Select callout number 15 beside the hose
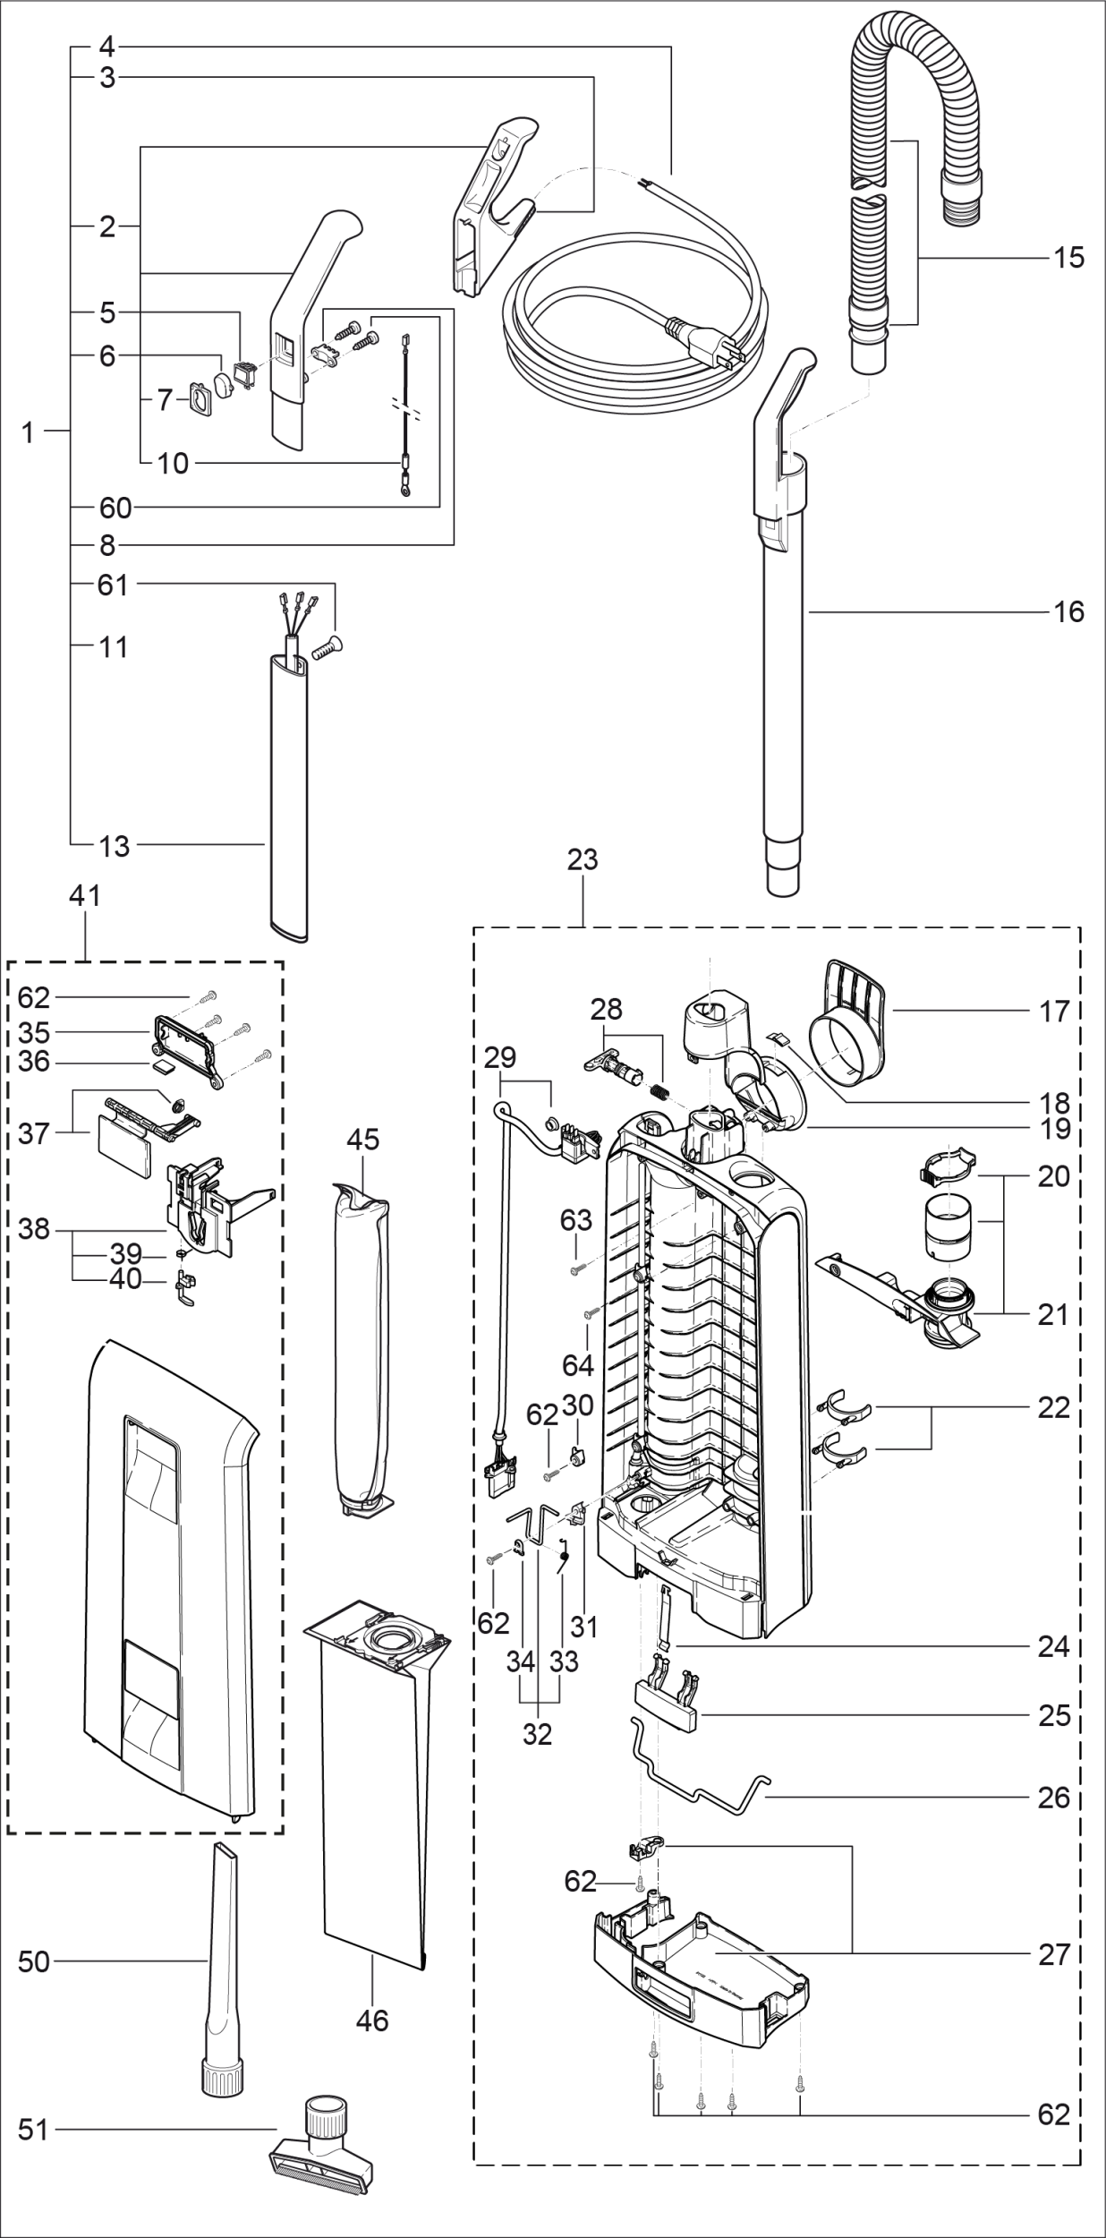(x=1068, y=258)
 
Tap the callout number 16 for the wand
(x=1068, y=612)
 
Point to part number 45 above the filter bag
(x=363, y=1140)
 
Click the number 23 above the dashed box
(x=583, y=859)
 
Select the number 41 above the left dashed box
(x=85, y=895)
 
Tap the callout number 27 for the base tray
(x=1054, y=1954)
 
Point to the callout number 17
(x=1055, y=1011)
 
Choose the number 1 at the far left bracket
(x=28, y=433)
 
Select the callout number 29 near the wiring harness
(x=500, y=1057)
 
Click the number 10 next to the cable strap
(x=173, y=464)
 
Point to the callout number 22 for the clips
(x=1054, y=1408)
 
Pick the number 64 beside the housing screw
(x=578, y=1365)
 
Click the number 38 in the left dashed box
(x=34, y=1230)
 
